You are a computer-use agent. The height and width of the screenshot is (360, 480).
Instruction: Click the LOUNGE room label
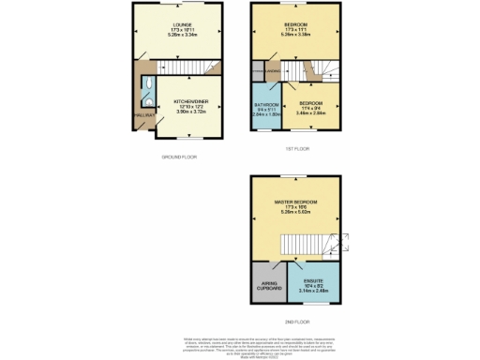tap(181, 23)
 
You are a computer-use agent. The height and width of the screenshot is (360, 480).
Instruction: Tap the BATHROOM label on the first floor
tap(267, 104)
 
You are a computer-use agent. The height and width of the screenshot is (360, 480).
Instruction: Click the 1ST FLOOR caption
tap(298, 147)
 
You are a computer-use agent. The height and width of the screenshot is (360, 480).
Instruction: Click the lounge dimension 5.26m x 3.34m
tap(181, 35)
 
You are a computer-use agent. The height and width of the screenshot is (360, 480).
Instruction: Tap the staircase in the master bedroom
tap(322, 245)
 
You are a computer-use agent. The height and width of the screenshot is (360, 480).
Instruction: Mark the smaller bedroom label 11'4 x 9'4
tap(311, 108)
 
